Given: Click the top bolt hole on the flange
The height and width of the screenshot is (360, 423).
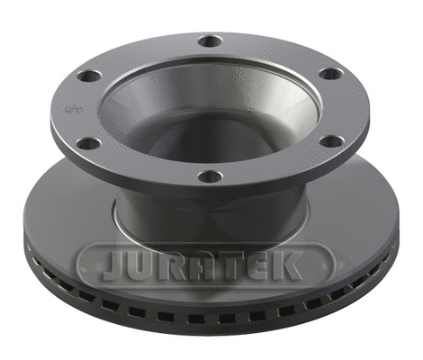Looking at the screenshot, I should pos(210,40).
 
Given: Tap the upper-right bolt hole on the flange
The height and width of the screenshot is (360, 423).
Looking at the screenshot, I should pos(331,74).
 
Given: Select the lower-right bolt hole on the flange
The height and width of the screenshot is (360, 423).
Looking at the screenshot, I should pos(331,141).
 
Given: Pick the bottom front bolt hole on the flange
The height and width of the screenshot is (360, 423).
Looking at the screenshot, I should pos(210,175).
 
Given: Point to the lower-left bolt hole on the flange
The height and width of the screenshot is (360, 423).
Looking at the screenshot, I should pos(88,142).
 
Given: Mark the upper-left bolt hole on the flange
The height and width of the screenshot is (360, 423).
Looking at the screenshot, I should pos(88,76).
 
